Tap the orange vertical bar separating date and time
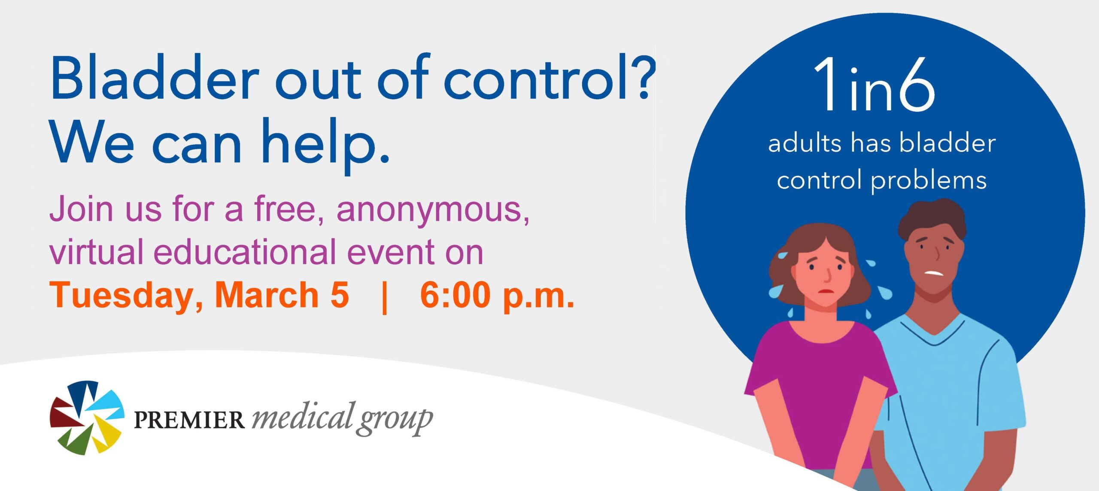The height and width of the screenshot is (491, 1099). [385, 296]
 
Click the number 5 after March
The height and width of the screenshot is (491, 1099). [340, 296]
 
